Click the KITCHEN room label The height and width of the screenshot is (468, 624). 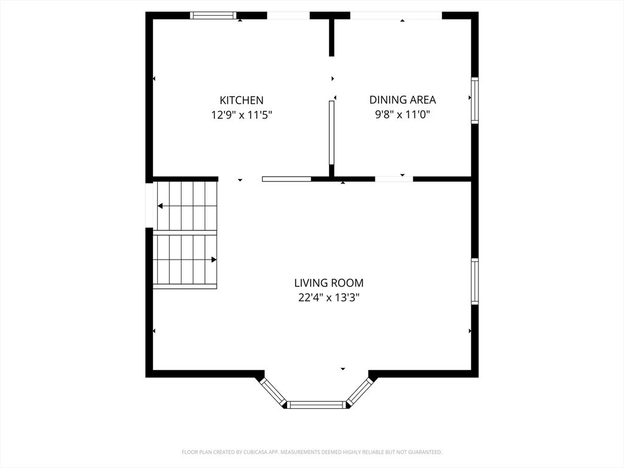coord(241,100)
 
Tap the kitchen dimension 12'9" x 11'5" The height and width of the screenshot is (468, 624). coord(241,115)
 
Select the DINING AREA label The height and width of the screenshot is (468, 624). coord(403,99)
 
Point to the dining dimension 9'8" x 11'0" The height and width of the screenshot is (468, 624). coord(403,115)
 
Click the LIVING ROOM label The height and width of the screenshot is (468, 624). coord(328,283)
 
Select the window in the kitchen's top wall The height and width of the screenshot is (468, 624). coord(213,15)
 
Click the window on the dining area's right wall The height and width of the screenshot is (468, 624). coord(475,101)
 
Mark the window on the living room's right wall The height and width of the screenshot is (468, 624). coord(475,282)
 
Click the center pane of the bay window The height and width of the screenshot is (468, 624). coord(316,405)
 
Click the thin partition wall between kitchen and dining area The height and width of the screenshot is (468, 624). coord(331,132)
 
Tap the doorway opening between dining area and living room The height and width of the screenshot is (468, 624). coord(394,179)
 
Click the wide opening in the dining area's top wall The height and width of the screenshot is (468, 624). coord(396,15)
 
